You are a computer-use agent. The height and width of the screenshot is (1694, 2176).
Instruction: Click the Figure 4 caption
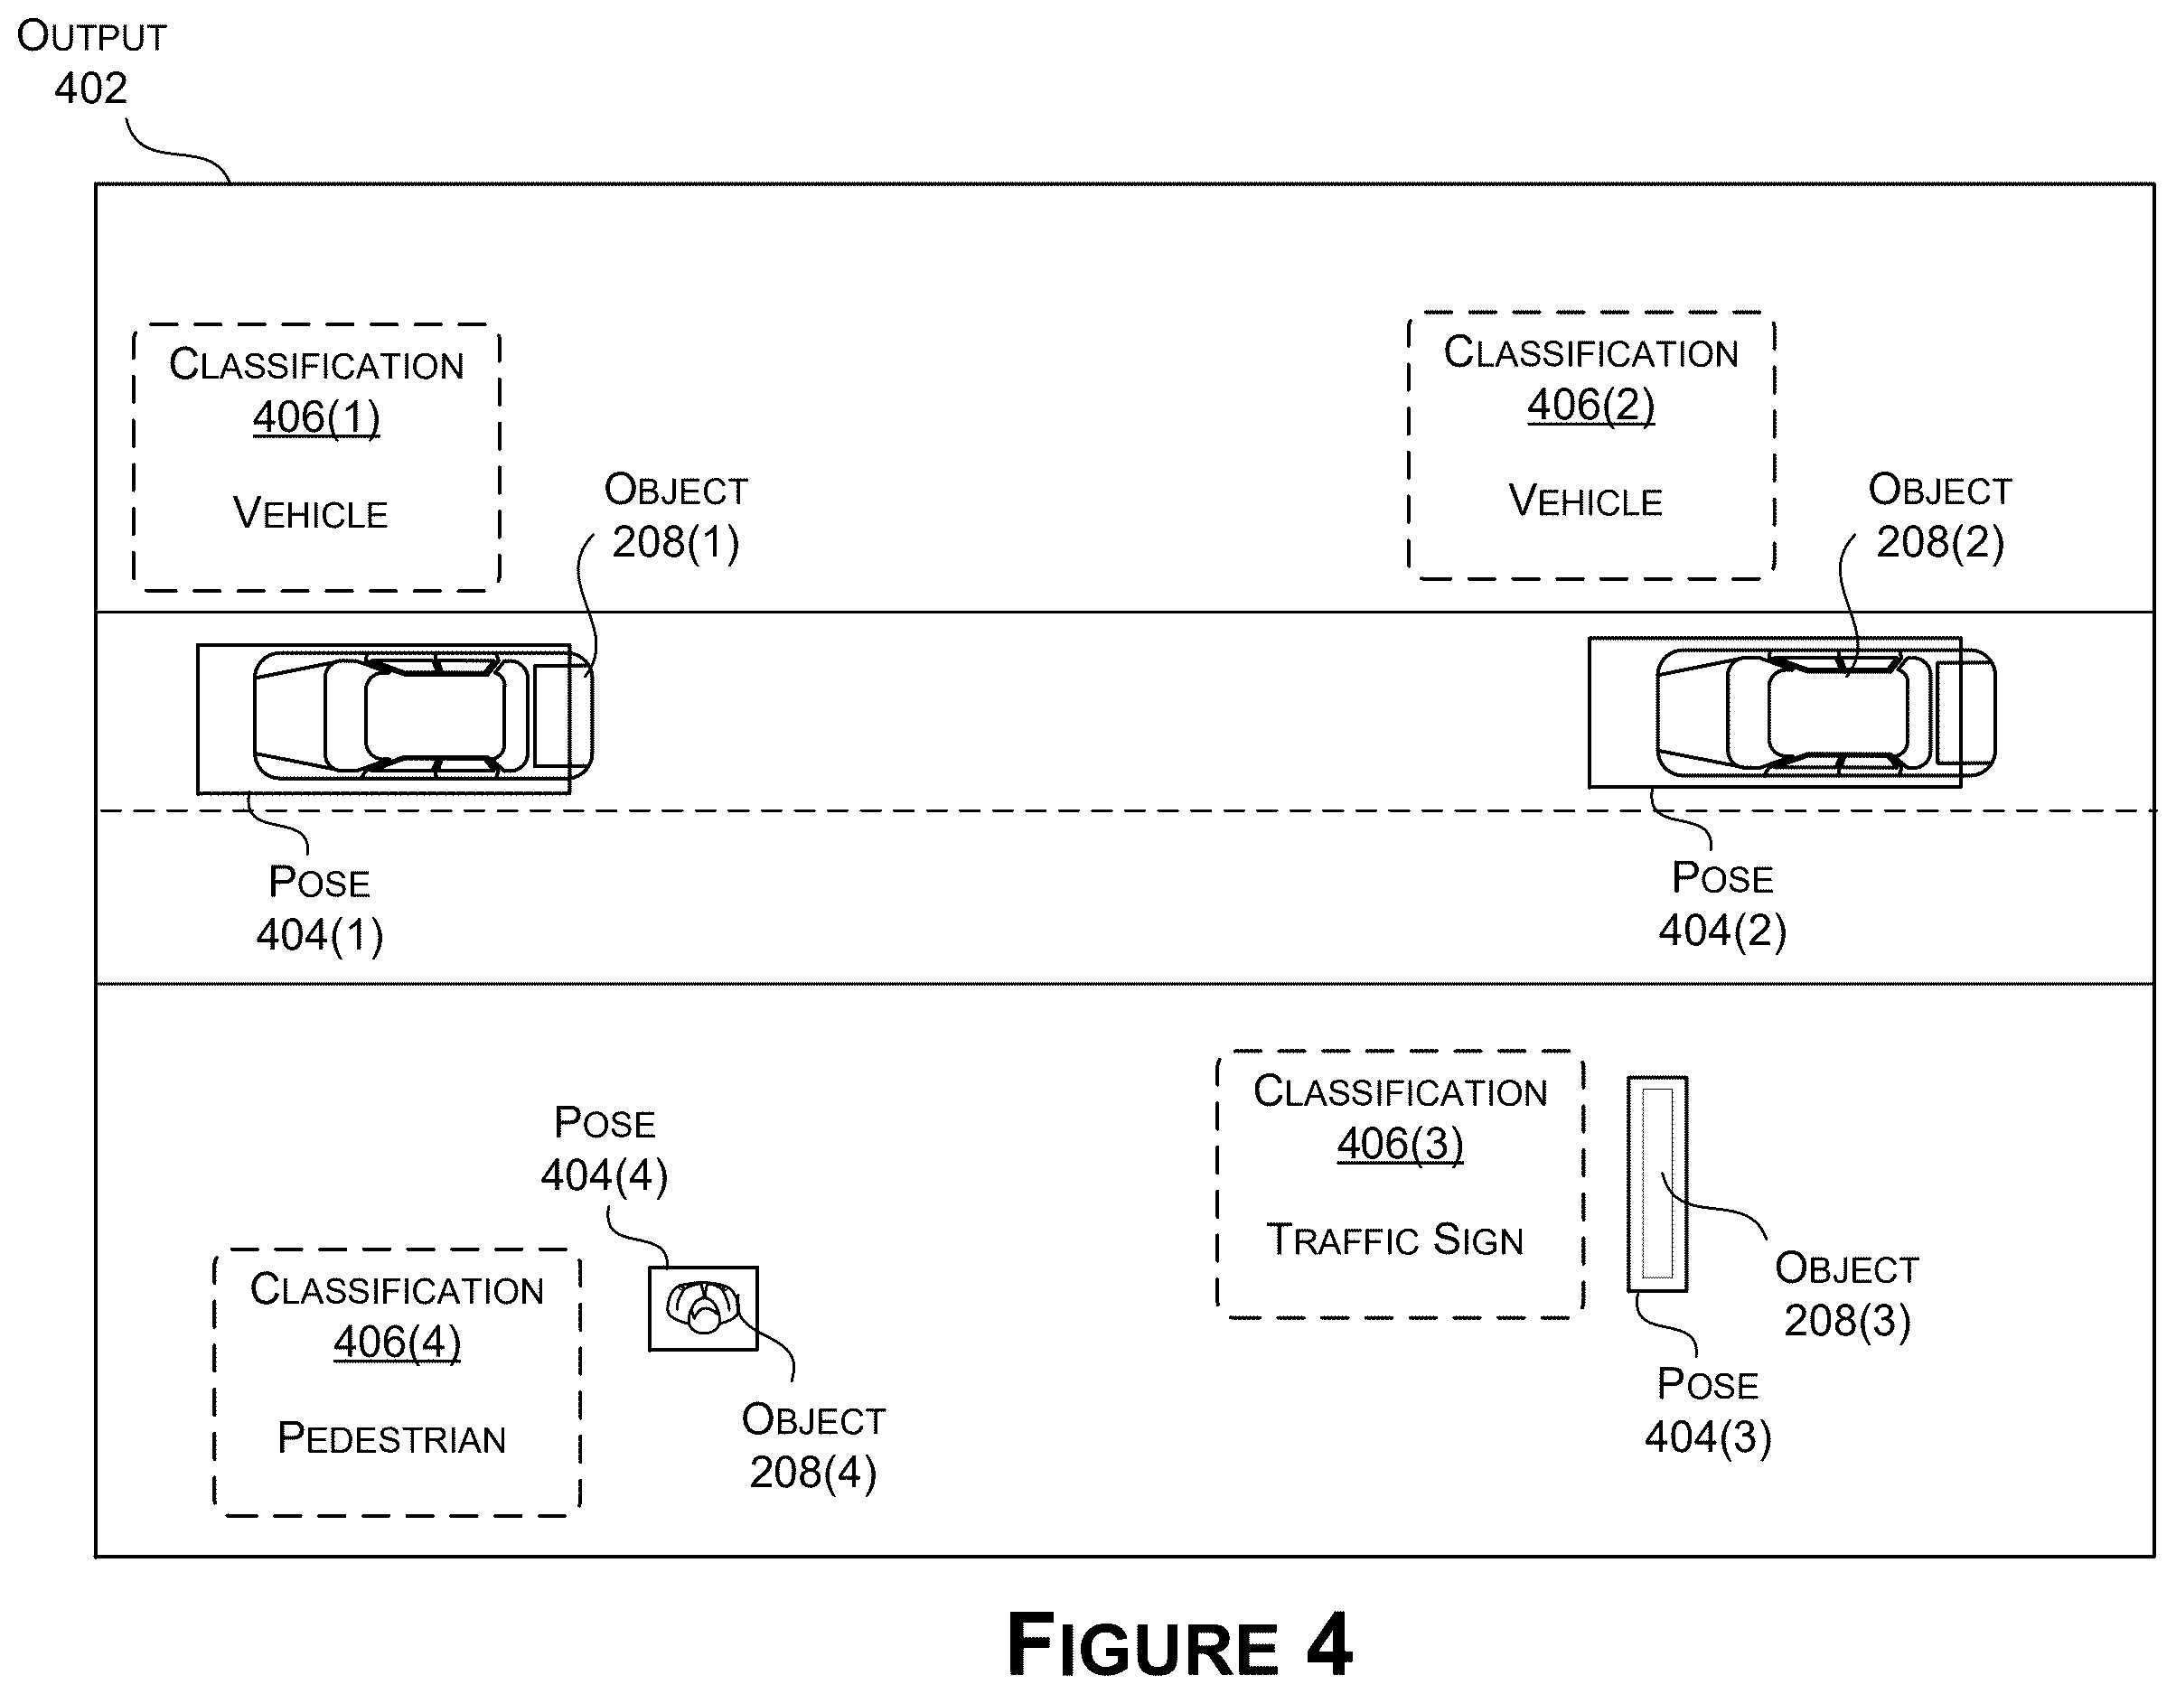(1178, 1644)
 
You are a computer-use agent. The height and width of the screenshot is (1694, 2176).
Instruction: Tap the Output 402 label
(91, 61)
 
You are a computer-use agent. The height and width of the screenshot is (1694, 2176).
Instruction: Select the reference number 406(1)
(317, 416)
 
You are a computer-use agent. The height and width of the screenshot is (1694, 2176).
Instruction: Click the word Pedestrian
(391, 1438)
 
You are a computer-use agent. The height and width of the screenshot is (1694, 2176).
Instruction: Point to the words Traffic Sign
(1395, 1240)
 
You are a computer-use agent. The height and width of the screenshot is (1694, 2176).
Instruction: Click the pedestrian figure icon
(703, 1306)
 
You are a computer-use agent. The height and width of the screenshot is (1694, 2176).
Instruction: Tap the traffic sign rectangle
(1657, 1184)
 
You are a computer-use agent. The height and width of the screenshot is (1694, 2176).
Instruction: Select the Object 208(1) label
(676, 516)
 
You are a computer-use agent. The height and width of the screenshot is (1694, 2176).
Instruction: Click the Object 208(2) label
(1940, 516)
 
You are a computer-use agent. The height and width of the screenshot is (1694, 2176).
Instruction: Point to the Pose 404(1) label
(320, 908)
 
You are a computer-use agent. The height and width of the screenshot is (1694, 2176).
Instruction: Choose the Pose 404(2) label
(1722, 904)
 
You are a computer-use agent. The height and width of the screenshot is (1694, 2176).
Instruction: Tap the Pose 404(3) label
(1708, 1410)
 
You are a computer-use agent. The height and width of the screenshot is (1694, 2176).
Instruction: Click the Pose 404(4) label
(605, 1149)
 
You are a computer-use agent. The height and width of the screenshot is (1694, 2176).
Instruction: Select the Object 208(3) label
(1847, 1295)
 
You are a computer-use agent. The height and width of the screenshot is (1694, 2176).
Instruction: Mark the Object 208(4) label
(814, 1446)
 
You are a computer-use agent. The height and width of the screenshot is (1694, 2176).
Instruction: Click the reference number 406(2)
(1591, 405)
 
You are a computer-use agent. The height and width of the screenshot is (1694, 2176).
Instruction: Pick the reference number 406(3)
(1401, 1143)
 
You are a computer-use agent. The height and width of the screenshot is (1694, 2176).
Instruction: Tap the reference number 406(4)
(398, 1342)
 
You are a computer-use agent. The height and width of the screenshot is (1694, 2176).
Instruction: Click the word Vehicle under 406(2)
(1585, 501)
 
